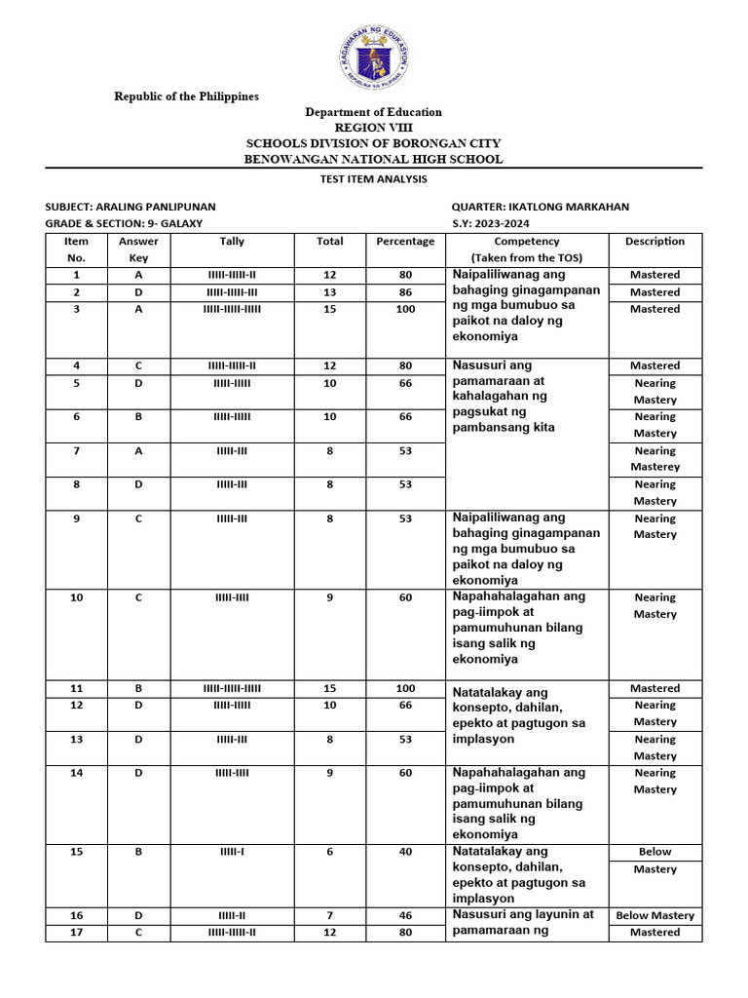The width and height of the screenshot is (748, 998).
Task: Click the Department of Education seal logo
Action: pos(374,55)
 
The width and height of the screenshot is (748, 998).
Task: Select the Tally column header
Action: pos(232,242)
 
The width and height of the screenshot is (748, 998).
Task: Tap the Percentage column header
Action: pos(405,242)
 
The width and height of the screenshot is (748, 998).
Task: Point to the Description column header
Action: pos(654,242)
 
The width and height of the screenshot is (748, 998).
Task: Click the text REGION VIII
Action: pos(374,128)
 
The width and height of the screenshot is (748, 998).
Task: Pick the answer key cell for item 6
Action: pos(138,417)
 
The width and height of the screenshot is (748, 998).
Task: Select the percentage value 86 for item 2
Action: pos(405,292)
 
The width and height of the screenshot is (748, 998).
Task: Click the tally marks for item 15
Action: pos(232,852)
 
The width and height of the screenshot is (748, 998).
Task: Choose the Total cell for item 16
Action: pos(329,916)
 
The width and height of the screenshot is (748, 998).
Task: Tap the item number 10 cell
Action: pos(76,597)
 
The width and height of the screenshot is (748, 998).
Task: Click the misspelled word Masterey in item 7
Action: pos(654,467)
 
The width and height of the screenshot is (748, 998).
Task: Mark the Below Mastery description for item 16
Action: pos(654,916)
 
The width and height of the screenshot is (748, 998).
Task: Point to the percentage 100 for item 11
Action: pos(405,688)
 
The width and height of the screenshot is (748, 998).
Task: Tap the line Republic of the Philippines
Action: pos(186,96)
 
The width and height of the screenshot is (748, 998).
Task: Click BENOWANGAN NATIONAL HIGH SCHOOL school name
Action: pos(374,159)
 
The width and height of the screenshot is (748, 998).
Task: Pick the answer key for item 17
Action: pos(138,933)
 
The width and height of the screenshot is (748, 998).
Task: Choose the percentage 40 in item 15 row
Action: pos(405,852)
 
